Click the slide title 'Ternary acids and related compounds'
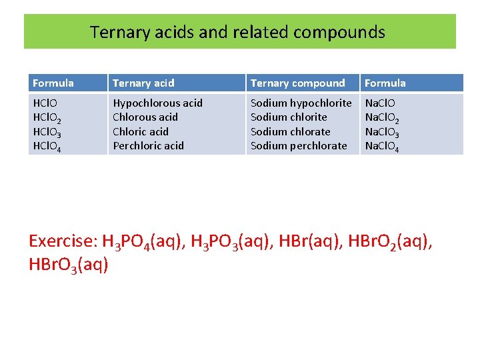coord(237,32)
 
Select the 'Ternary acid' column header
coord(143,83)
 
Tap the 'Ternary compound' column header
coord(297,83)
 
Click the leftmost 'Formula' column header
coord(53,83)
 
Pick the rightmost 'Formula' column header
coord(385,83)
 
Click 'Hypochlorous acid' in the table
coord(157,103)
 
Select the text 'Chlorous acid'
coord(145,117)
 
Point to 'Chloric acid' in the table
coord(141,131)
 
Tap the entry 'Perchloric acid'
coord(148,145)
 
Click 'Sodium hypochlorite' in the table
coord(301,103)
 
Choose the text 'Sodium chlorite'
coord(289,117)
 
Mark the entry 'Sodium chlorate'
coord(290,131)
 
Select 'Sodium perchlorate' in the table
coord(299,145)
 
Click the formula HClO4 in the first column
coord(48,146)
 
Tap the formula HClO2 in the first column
coord(48,118)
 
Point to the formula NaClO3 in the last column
coord(383,132)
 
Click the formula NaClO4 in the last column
coord(383,146)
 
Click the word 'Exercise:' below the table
coord(63,241)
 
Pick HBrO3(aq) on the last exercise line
coord(69,265)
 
